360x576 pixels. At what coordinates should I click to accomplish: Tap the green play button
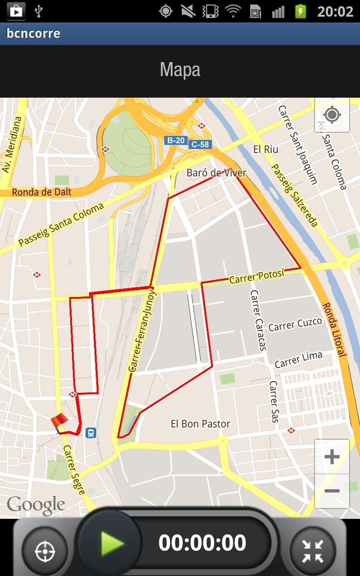[111, 543]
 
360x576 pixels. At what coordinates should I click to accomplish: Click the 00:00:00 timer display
[202, 543]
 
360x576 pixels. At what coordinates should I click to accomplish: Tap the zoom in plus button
[332, 457]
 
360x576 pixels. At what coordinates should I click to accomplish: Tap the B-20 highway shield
[175, 140]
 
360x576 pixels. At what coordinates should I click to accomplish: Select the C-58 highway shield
[200, 144]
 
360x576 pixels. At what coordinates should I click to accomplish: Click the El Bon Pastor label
[200, 424]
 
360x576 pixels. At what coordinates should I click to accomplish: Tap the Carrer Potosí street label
[257, 277]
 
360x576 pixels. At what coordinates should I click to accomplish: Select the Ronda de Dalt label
[41, 192]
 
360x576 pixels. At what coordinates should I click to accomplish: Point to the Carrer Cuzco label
[295, 324]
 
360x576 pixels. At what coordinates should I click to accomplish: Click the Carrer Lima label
[298, 359]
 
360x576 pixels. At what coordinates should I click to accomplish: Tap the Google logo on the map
[36, 505]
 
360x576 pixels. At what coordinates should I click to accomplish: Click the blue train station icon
[91, 433]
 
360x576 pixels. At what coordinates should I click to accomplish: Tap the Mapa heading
[180, 70]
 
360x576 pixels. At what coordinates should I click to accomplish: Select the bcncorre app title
[33, 33]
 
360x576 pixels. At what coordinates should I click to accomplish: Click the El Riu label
[265, 149]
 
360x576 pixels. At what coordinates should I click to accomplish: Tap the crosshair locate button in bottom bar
[45, 550]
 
